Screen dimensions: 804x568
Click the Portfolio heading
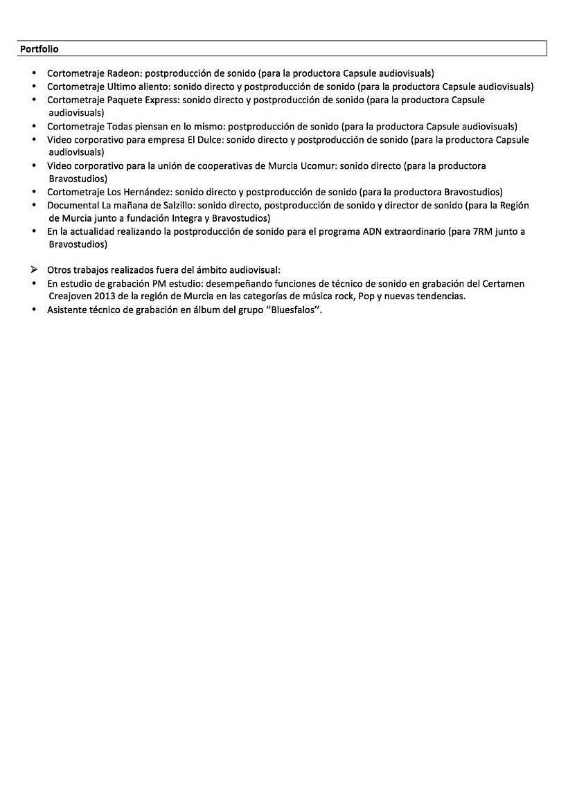[x=39, y=49]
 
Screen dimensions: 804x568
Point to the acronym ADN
[x=374, y=231]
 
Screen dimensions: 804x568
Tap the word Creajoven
[x=70, y=296]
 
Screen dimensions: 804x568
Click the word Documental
[x=73, y=205]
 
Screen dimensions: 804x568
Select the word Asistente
[x=68, y=310]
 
